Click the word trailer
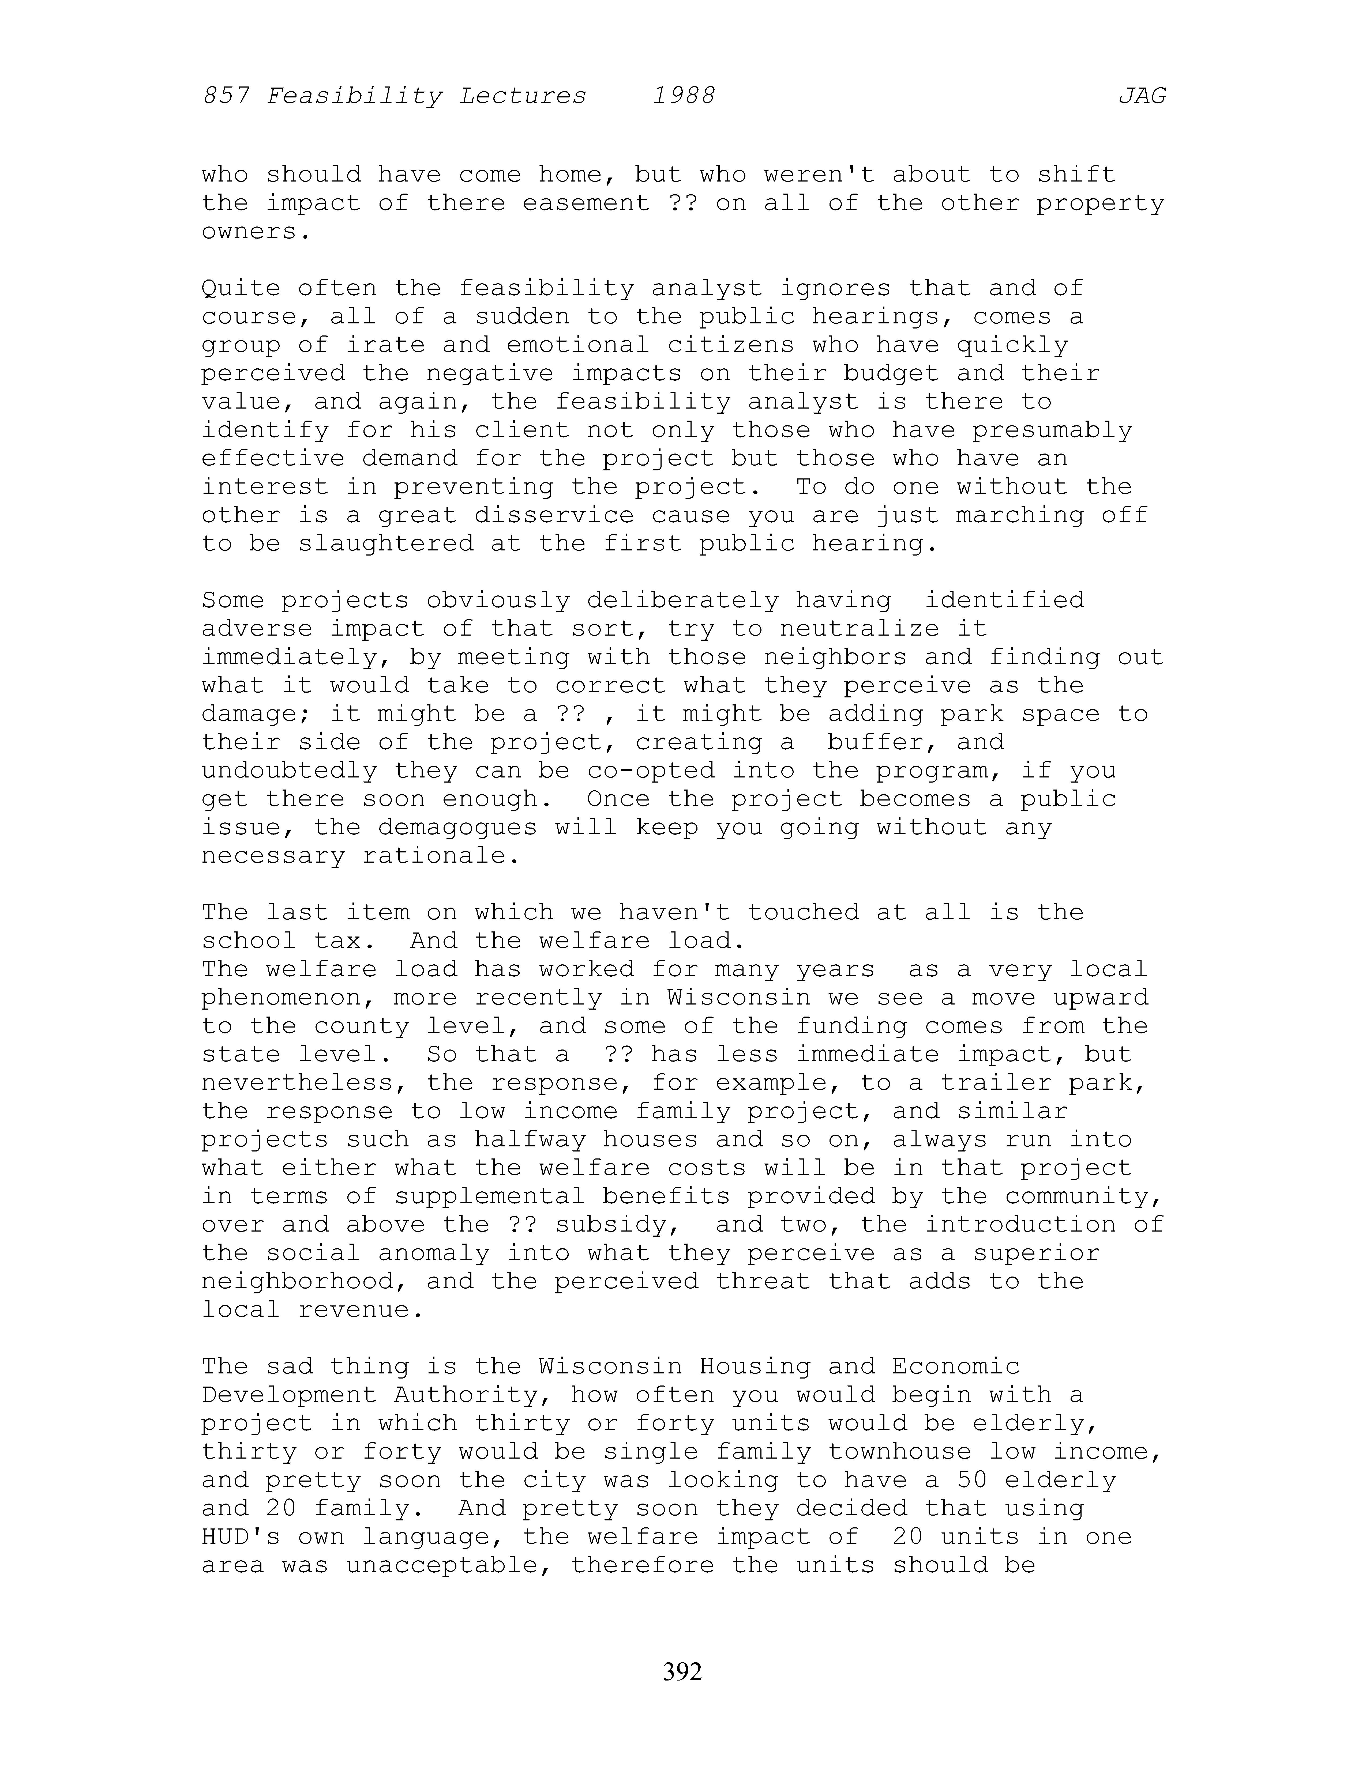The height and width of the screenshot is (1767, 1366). coord(995,1082)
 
